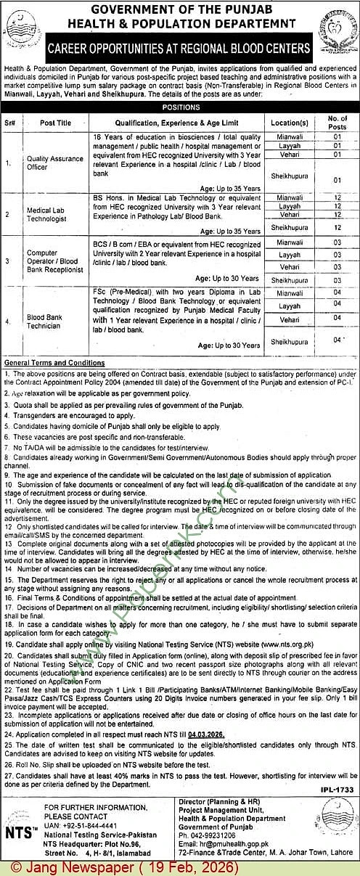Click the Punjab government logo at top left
point(22,33)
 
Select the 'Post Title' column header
point(56,123)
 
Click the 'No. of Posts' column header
point(337,123)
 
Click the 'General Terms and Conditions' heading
point(54,362)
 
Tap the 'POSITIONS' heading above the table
point(180,107)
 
